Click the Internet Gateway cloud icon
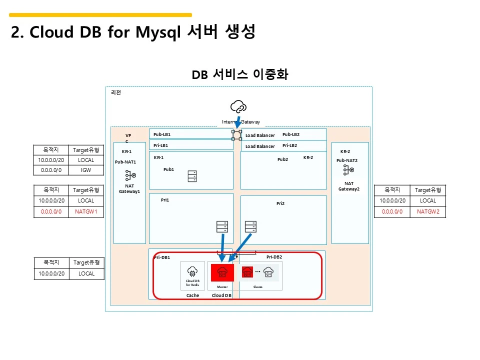[x=238, y=106]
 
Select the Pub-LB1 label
[x=162, y=134]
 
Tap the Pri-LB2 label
[x=289, y=145]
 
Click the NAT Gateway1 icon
[x=130, y=176]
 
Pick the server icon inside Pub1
[x=192, y=176]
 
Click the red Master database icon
[x=222, y=272]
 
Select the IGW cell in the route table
[x=86, y=170]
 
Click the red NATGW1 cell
[x=86, y=211]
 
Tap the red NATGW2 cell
[x=428, y=211]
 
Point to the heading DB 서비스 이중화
[x=239, y=74]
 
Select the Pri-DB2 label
[x=274, y=256]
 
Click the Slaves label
[x=258, y=287]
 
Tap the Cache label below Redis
[x=192, y=295]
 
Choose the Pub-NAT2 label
[x=347, y=160]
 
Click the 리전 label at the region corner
[x=115, y=92]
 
